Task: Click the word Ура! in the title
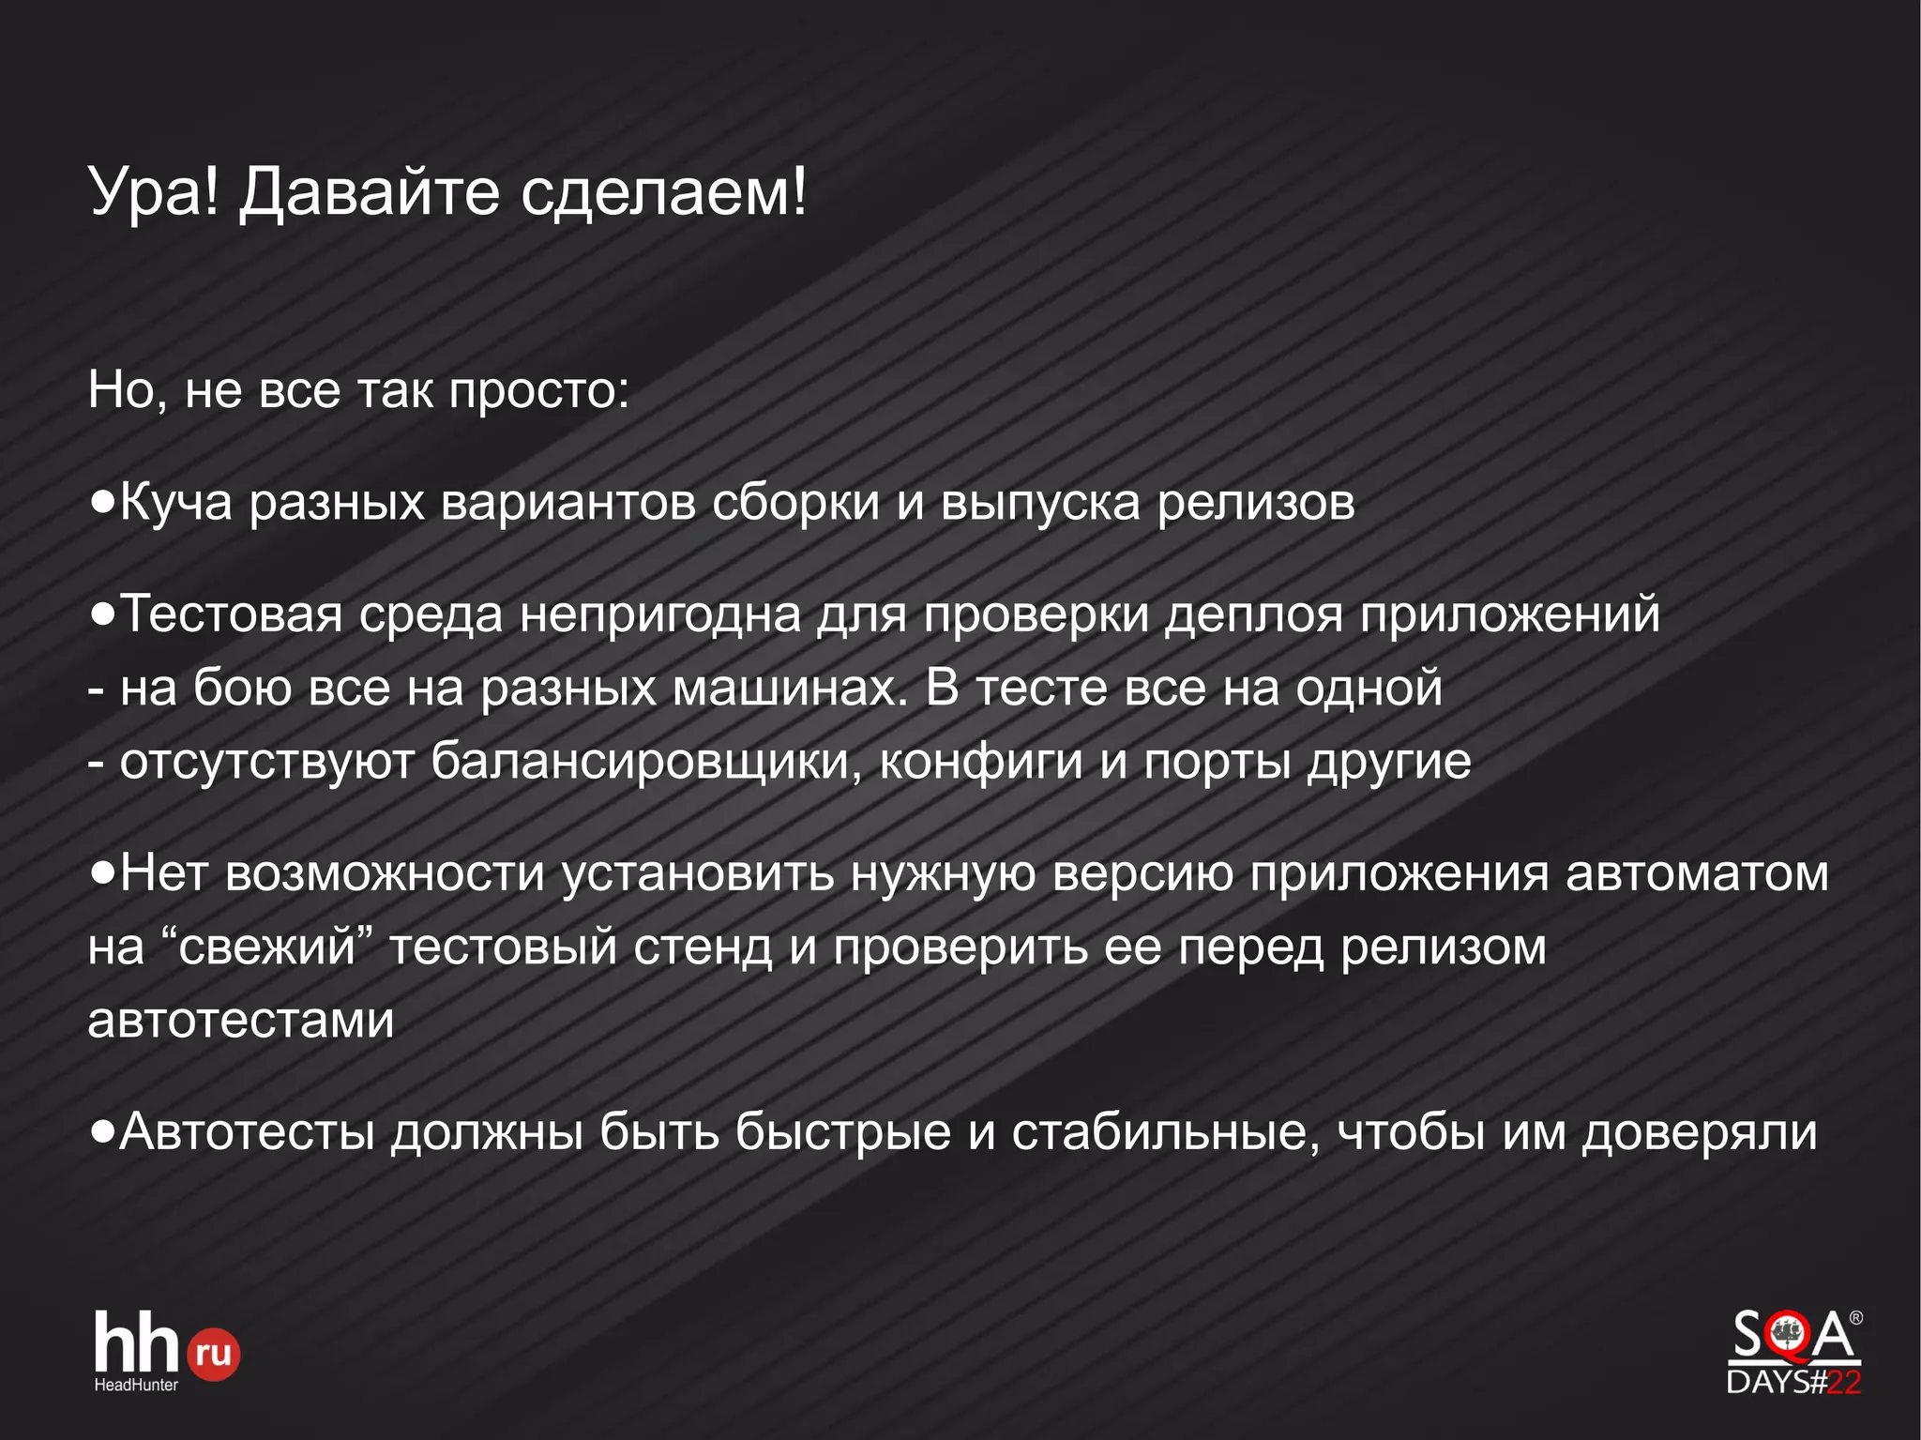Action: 154,192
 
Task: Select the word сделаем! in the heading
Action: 663,192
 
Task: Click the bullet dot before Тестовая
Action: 102,614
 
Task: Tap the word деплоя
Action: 1254,616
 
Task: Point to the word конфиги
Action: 981,761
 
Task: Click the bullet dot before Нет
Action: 102,873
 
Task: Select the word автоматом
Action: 1697,874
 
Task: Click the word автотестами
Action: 241,1020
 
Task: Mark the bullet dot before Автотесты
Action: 102,1132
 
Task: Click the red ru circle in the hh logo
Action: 213,1354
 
